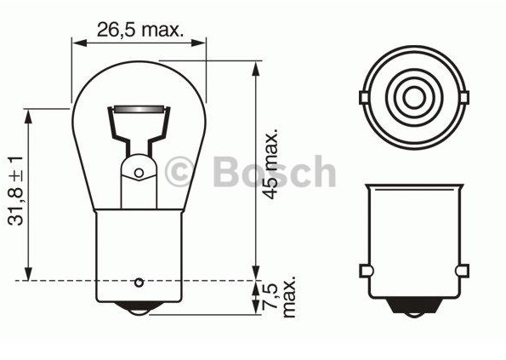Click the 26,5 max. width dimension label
click(x=139, y=30)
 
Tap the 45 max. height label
click(x=271, y=165)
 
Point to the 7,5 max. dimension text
click(x=280, y=297)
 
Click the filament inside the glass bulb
click(x=139, y=111)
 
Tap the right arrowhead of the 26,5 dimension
click(x=202, y=42)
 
